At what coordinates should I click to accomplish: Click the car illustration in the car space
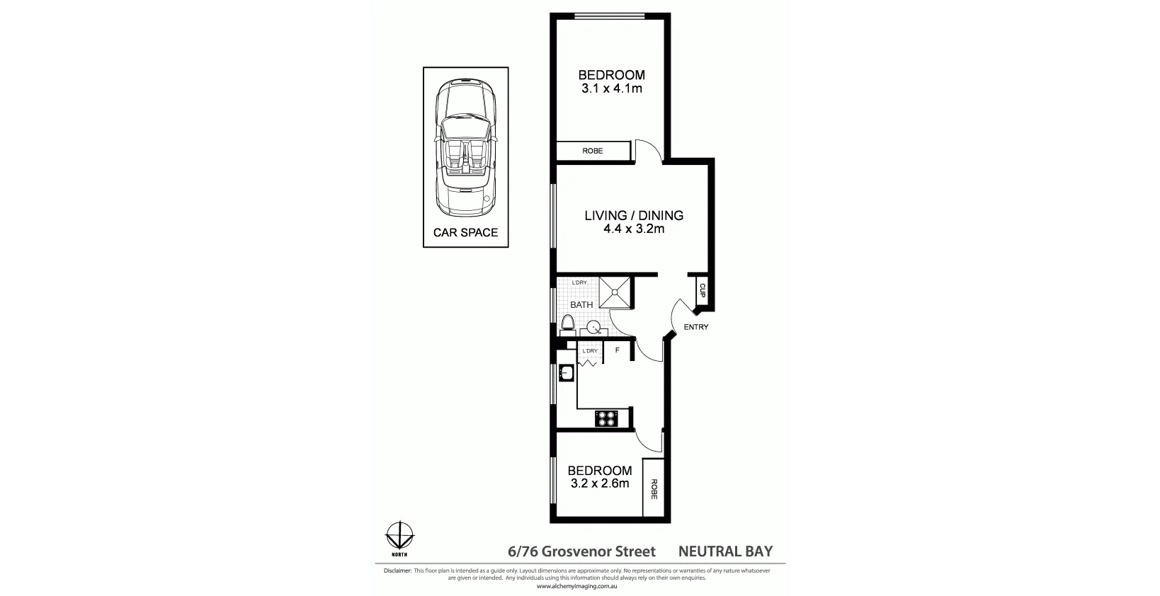(x=465, y=148)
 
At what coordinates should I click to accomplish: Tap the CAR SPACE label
(x=465, y=232)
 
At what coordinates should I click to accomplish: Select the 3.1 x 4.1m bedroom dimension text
(x=612, y=88)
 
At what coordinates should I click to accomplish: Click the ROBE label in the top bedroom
(x=593, y=151)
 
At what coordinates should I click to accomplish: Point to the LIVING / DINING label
(x=634, y=215)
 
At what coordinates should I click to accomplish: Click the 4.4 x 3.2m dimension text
(x=634, y=229)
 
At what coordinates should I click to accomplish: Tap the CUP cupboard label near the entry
(x=703, y=290)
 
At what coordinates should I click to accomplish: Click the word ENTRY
(x=695, y=327)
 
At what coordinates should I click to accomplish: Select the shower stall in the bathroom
(x=614, y=292)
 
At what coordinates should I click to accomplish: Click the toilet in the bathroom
(x=567, y=324)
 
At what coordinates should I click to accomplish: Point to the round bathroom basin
(x=593, y=327)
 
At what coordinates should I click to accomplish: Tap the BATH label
(x=581, y=305)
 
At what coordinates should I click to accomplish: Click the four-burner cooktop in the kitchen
(x=606, y=418)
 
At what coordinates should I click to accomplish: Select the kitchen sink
(x=566, y=372)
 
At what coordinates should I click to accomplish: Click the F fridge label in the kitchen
(x=617, y=350)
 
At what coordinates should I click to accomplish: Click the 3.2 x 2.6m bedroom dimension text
(x=600, y=483)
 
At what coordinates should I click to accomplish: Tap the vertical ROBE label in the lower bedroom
(x=654, y=488)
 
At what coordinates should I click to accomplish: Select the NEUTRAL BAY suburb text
(x=725, y=551)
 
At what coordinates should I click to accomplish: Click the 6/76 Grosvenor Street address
(x=581, y=551)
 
